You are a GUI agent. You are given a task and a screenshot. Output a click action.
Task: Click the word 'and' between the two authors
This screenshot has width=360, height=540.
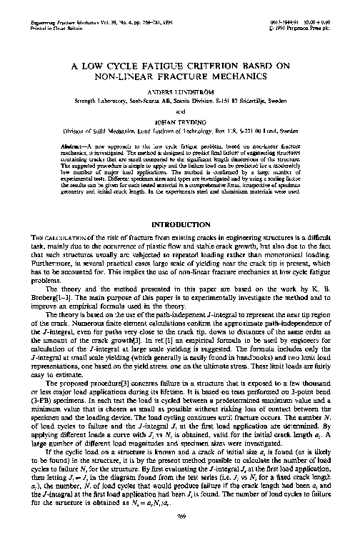pyautogui.click(x=180, y=112)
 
